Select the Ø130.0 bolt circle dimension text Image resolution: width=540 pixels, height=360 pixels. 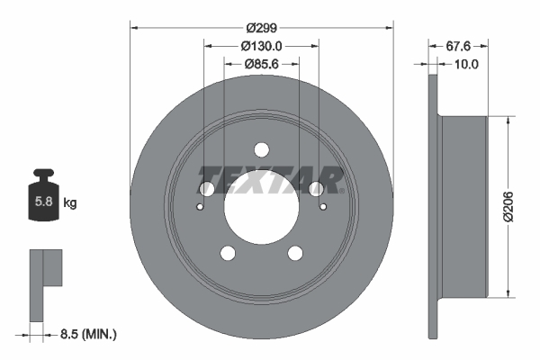point(261,46)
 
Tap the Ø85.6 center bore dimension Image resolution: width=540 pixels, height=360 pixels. point(261,64)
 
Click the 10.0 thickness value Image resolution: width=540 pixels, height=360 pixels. point(465,64)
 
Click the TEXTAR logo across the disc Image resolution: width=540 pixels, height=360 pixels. point(271,179)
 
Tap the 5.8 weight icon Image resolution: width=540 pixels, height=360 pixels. point(42,200)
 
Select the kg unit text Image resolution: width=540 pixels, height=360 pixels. point(70,203)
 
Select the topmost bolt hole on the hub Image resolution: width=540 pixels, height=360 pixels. point(261,149)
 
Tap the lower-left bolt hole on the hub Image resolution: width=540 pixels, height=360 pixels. point(228,253)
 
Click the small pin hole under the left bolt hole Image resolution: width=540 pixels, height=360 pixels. point(200,205)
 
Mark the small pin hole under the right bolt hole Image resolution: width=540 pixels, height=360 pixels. point(322,205)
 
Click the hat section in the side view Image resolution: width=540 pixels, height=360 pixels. point(463,206)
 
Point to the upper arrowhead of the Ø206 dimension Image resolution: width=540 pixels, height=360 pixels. point(510,121)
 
